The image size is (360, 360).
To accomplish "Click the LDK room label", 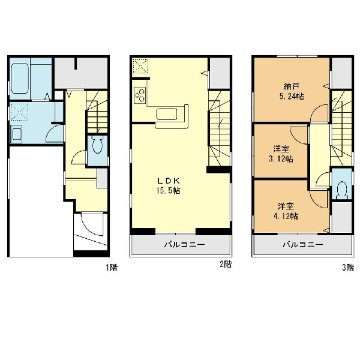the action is (x=168, y=181).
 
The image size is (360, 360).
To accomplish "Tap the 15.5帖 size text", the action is (x=168, y=191).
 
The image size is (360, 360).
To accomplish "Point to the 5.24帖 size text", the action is (x=292, y=96).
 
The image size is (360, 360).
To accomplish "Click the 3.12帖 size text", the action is (x=281, y=159).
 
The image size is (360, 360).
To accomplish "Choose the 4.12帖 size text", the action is (x=286, y=216).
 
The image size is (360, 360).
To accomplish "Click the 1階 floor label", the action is (x=112, y=268).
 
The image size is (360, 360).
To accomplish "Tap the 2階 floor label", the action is (x=226, y=264).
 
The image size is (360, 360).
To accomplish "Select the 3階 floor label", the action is (x=348, y=268).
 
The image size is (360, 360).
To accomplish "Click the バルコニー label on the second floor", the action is (x=184, y=245).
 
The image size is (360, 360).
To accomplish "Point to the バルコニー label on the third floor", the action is (x=302, y=245).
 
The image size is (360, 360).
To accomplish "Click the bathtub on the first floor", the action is (x=20, y=78).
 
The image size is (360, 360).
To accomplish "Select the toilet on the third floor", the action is (x=342, y=190).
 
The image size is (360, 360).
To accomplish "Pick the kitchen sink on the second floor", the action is (x=167, y=114).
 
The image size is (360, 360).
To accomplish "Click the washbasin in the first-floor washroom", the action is (x=16, y=134).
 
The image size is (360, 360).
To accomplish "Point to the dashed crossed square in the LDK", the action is (x=140, y=66).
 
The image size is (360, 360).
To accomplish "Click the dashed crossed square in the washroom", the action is (x=19, y=112).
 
